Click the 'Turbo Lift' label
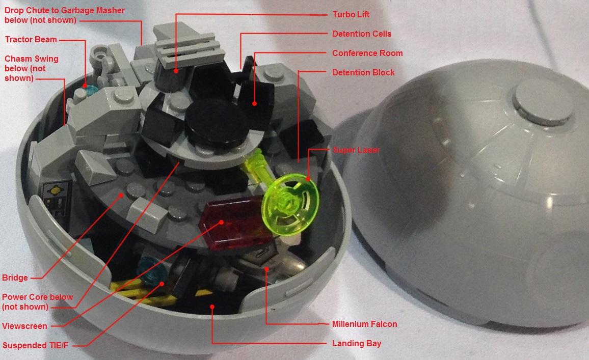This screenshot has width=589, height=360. [x=351, y=14]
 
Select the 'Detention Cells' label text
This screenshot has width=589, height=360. [x=362, y=34]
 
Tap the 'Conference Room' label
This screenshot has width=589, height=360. [x=367, y=53]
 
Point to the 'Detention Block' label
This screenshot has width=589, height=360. [x=363, y=72]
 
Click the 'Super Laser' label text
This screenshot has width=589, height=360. [x=356, y=150]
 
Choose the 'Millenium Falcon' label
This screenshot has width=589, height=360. [x=364, y=324]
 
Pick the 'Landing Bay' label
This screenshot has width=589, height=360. [x=357, y=344]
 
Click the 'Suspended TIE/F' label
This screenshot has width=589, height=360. [x=35, y=345]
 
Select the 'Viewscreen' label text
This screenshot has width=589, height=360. [x=25, y=326]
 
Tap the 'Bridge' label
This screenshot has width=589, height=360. [x=15, y=278]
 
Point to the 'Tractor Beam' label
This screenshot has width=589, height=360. [x=31, y=39]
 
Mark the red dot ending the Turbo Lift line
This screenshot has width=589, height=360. [x=176, y=70]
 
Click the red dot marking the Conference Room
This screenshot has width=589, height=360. [x=255, y=103]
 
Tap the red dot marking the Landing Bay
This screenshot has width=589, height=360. [x=212, y=307]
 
